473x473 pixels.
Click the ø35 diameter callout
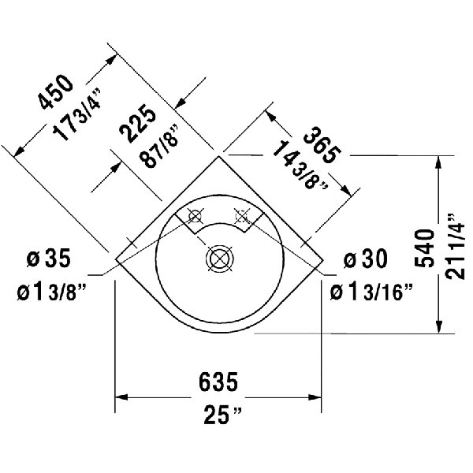click(x=50, y=258)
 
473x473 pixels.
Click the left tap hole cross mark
click(x=195, y=214)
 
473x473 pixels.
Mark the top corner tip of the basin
click(x=220, y=155)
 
